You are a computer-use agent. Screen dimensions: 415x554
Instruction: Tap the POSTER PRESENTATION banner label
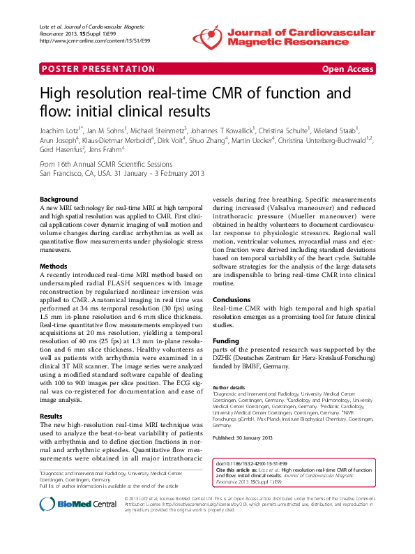click(x=98, y=69)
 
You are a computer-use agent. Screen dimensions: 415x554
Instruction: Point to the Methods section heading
click(x=54, y=266)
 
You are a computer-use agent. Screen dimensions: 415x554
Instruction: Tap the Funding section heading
click(x=225, y=340)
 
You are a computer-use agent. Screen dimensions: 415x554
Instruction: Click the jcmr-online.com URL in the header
click(x=81, y=40)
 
